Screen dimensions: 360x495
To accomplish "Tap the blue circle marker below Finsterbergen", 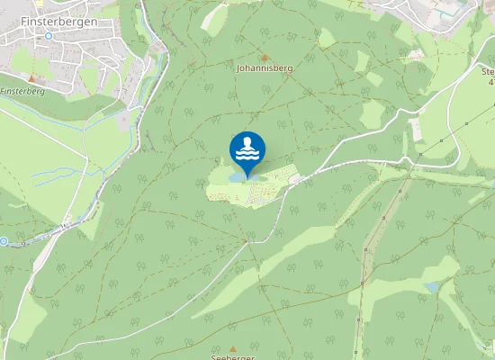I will point(49,36).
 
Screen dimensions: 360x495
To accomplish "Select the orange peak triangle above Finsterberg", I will point(31,78).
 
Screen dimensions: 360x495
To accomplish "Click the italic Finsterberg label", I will point(23,91).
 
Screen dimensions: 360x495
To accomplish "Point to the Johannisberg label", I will point(264,67).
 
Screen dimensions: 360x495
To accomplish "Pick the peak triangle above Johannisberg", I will point(264,56).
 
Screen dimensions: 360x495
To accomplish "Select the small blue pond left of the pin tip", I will point(235,178).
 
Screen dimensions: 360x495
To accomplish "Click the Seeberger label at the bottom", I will point(233,357).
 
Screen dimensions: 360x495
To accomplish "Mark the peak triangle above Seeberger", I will point(233,347).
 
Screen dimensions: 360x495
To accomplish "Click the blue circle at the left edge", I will point(4,240).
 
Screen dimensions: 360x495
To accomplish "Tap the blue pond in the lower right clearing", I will point(434,287).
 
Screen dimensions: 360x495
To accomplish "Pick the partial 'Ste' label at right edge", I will point(488,71).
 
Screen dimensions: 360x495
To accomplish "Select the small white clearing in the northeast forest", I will point(417,55).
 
